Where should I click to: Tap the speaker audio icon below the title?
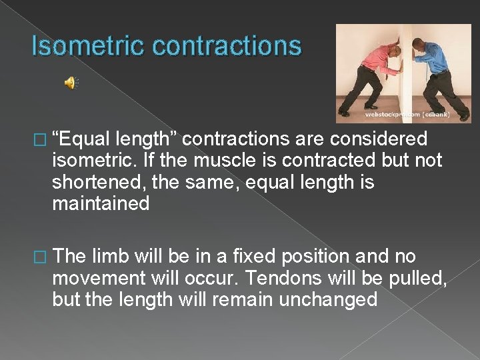point(70,83)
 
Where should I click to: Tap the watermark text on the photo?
point(407,115)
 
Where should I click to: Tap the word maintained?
point(101,203)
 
